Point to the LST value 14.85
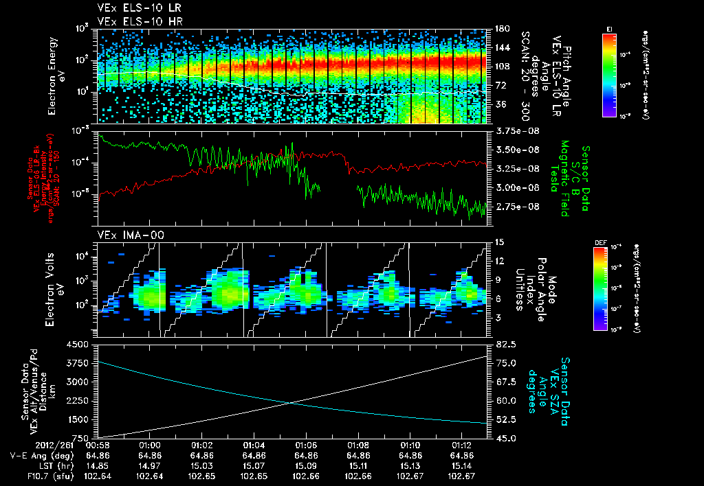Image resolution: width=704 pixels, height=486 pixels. pos(98,465)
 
